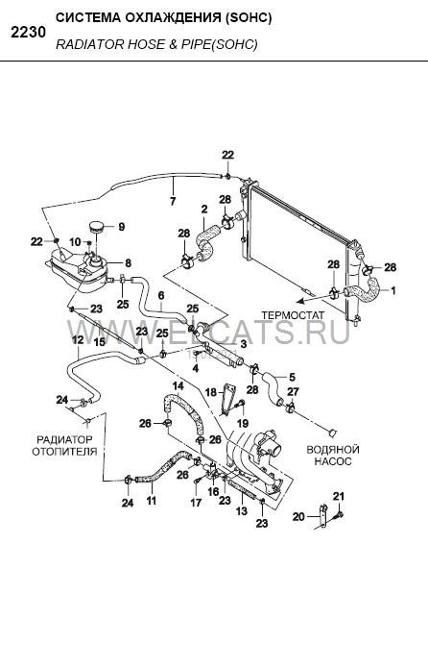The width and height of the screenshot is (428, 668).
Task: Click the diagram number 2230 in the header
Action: tap(28, 33)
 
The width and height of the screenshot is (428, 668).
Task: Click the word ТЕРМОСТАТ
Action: tap(293, 315)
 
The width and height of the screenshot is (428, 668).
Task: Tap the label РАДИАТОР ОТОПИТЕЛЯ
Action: tap(64, 445)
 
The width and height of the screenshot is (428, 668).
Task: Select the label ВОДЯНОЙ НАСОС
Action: tap(333, 455)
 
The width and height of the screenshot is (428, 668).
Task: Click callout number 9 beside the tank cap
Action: tap(122, 227)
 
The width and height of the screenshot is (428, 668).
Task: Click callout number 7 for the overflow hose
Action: tap(173, 201)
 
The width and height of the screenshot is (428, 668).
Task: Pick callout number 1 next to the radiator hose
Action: tap(393, 290)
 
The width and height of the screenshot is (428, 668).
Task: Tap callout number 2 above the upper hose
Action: tap(204, 210)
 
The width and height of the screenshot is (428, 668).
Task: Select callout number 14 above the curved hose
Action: tap(178, 386)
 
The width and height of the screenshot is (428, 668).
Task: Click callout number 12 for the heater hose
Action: tap(78, 340)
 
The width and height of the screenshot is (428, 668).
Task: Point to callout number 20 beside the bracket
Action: tap(298, 516)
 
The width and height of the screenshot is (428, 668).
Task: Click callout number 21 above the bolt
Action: tap(339, 496)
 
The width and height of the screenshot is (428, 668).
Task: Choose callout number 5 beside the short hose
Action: tap(292, 377)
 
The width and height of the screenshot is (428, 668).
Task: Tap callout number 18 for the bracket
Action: tap(211, 391)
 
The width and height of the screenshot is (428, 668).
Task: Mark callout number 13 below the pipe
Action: tap(241, 510)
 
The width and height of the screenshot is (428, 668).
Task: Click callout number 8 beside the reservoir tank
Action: tap(128, 263)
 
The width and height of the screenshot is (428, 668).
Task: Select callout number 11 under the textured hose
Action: tap(152, 500)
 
